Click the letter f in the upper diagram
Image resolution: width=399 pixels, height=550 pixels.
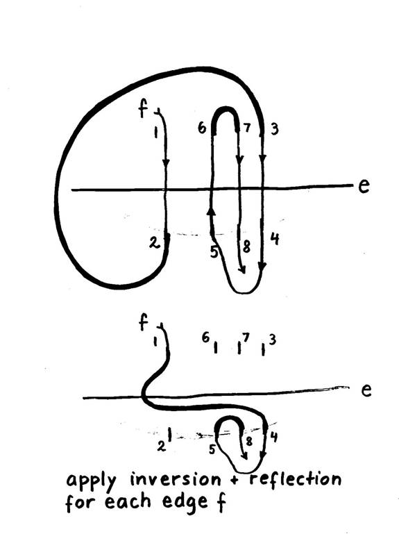click(143, 109)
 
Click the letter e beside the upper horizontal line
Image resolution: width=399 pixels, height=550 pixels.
click(364, 186)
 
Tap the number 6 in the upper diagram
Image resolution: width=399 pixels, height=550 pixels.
click(202, 128)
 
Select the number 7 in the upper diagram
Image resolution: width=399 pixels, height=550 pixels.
click(247, 128)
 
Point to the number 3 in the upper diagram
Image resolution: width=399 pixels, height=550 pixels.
click(275, 129)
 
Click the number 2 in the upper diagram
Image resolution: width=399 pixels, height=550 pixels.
click(153, 243)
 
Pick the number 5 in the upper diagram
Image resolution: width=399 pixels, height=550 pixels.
click(214, 252)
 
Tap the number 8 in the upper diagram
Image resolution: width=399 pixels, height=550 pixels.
click(246, 247)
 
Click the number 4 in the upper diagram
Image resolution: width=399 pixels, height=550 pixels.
click(275, 239)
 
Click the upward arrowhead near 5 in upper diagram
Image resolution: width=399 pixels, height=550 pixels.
click(210, 211)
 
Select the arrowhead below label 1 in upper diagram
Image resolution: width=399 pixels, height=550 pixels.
click(166, 163)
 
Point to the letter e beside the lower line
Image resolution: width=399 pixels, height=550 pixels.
click(366, 390)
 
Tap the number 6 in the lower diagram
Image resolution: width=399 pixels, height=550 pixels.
click(205, 337)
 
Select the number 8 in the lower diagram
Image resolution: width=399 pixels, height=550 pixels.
click(249, 441)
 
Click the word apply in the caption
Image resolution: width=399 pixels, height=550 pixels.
click(91, 482)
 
